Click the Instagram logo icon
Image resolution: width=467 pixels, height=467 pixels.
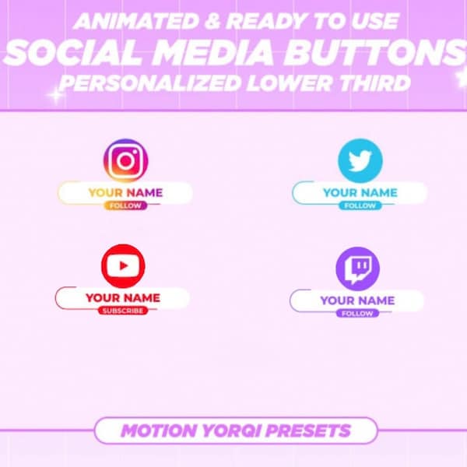tap(125, 161)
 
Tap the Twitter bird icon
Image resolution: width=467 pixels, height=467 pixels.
tap(360, 161)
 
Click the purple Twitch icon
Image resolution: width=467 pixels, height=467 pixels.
tap(357, 269)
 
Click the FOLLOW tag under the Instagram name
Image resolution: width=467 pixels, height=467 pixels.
tap(125, 206)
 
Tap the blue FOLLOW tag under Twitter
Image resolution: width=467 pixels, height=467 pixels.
tap(360, 206)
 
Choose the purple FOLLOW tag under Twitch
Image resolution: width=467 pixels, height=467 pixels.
tap(357, 314)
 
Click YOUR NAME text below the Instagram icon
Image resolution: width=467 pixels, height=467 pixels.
tap(125, 192)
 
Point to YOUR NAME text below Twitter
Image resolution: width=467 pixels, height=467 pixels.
tap(360, 192)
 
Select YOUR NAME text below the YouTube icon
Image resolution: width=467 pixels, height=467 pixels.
tap(122, 297)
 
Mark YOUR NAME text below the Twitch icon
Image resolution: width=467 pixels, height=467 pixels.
tap(357, 300)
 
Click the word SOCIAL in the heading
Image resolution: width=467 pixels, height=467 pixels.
tap(74, 53)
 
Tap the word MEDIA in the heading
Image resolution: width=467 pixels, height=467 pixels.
tap(224, 53)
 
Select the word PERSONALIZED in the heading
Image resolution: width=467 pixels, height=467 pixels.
tap(146, 83)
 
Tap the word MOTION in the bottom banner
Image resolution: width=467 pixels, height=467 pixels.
tap(158, 430)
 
